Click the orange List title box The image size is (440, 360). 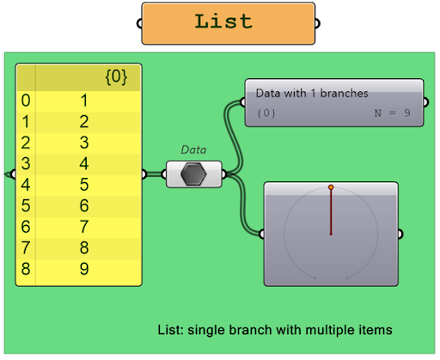(229, 23)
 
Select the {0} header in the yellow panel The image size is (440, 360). (116, 76)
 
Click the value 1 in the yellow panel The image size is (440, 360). (84, 101)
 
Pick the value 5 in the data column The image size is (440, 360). (84, 185)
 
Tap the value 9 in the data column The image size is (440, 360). (84, 269)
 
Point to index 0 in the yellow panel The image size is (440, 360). (26, 101)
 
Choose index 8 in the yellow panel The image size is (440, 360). (26, 269)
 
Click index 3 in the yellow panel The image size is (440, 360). (26, 163)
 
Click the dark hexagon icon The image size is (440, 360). (193, 174)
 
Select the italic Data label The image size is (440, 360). (193, 149)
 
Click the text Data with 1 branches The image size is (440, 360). (312, 94)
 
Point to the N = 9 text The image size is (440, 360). (392, 113)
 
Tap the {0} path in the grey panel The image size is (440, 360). (266, 113)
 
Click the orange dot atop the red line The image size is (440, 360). (331, 187)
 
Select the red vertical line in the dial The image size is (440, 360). (331, 212)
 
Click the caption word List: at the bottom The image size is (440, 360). (171, 330)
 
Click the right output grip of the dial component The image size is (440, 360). (400, 234)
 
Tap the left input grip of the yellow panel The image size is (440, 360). (13, 174)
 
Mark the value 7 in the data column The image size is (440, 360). (84, 227)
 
